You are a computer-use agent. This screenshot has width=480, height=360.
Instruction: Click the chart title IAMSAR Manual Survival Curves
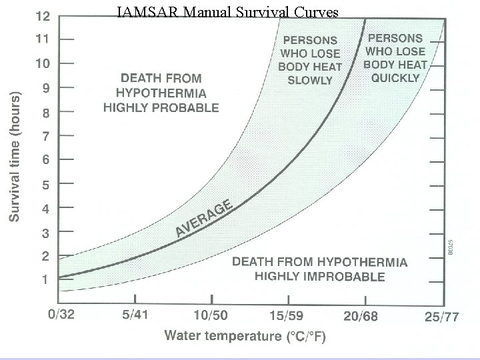(x=227, y=13)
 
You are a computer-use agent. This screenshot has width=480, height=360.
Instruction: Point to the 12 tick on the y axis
(x=41, y=15)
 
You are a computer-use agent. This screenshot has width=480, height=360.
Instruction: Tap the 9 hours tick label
(x=45, y=87)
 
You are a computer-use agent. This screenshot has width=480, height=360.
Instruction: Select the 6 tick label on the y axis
(x=45, y=160)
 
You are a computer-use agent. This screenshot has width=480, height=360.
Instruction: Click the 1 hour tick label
(x=45, y=280)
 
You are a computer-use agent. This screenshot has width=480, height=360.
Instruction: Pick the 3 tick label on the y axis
(x=45, y=233)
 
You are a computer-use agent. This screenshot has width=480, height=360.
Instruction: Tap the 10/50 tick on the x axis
(x=210, y=315)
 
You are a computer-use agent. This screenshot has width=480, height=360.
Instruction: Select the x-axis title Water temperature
(x=245, y=336)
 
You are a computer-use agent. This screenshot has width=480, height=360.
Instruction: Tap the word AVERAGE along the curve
(x=204, y=218)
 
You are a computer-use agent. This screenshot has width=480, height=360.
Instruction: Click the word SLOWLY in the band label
(x=309, y=80)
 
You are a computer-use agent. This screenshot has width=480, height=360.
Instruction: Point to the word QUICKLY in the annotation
(x=395, y=77)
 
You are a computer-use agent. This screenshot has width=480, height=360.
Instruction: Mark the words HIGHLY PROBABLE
(x=160, y=107)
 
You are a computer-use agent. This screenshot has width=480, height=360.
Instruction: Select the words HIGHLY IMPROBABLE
(x=319, y=276)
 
